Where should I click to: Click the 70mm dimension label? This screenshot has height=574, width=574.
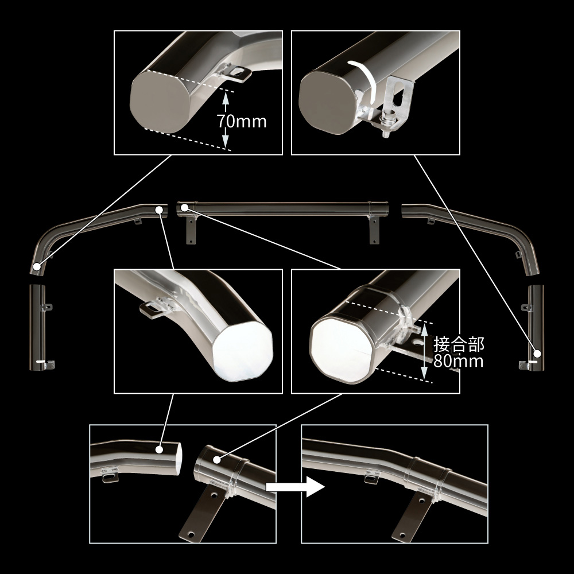(242, 121)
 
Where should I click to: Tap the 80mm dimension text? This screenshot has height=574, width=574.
(458, 361)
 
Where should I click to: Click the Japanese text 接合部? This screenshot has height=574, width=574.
(459, 344)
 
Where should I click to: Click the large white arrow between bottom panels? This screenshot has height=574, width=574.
(295, 487)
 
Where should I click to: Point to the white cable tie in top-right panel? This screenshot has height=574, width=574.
(363, 80)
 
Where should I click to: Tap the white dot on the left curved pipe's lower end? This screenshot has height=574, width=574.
(37, 266)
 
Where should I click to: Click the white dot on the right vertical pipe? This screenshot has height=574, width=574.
(537, 354)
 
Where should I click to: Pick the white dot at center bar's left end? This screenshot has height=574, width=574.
(184, 208)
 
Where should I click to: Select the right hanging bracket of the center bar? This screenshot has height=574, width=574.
(374, 230)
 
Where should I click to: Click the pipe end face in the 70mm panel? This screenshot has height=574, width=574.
(160, 102)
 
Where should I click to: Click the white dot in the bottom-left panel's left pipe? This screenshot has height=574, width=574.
(159, 449)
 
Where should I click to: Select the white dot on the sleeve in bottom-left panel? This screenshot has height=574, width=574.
(217, 460)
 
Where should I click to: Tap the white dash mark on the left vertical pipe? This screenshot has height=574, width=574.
(41, 362)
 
